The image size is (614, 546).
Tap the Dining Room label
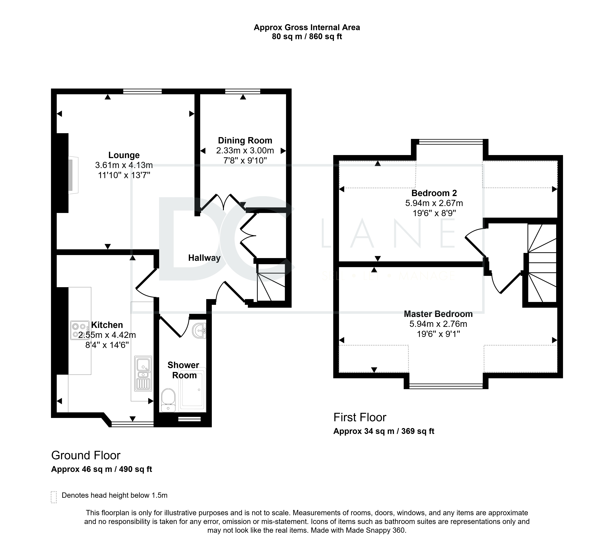(x=245, y=141)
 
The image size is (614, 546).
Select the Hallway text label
(x=204, y=258)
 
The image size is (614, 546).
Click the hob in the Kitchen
(x=80, y=330)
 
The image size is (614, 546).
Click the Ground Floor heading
(x=86, y=455)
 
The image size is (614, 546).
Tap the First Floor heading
(x=360, y=417)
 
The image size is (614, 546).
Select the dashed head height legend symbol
(x=54, y=497)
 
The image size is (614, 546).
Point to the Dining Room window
(x=243, y=91)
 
